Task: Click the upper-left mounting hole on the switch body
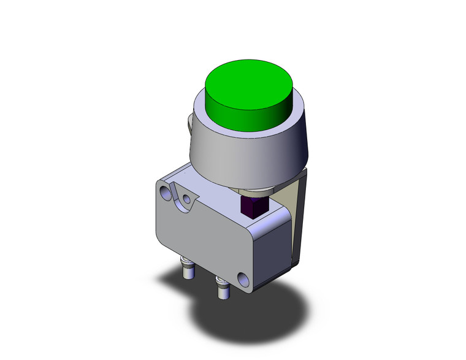[x=166, y=193]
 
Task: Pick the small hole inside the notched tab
[x=186, y=199]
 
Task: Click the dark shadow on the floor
[x=258, y=319]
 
